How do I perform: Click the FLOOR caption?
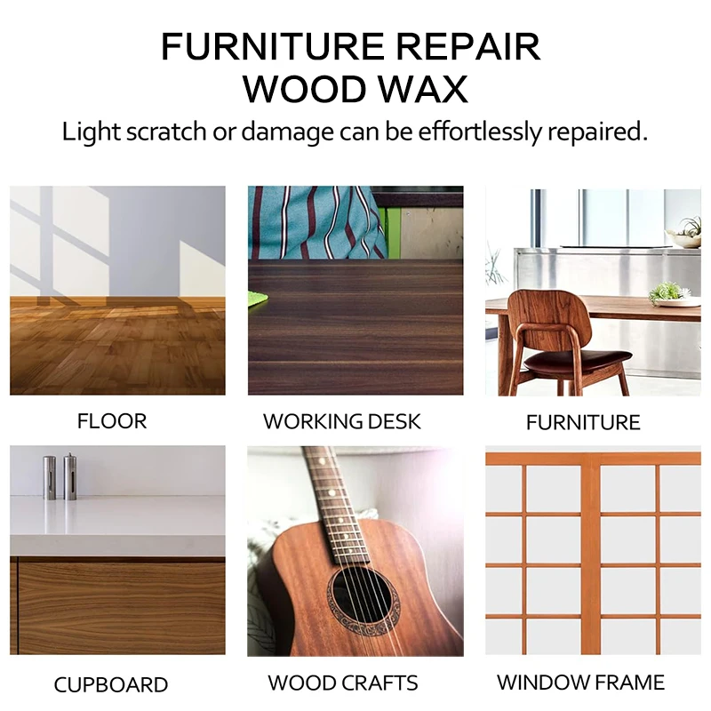tap(112, 420)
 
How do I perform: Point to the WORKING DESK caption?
tap(342, 420)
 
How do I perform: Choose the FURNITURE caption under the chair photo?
tap(583, 422)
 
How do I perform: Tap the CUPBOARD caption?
tap(111, 685)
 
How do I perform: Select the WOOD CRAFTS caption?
tap(343, 683)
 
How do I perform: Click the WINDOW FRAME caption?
tap(580, 683)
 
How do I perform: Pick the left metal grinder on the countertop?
tap(50, 476)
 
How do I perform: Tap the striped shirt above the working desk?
tap(320, 222)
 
